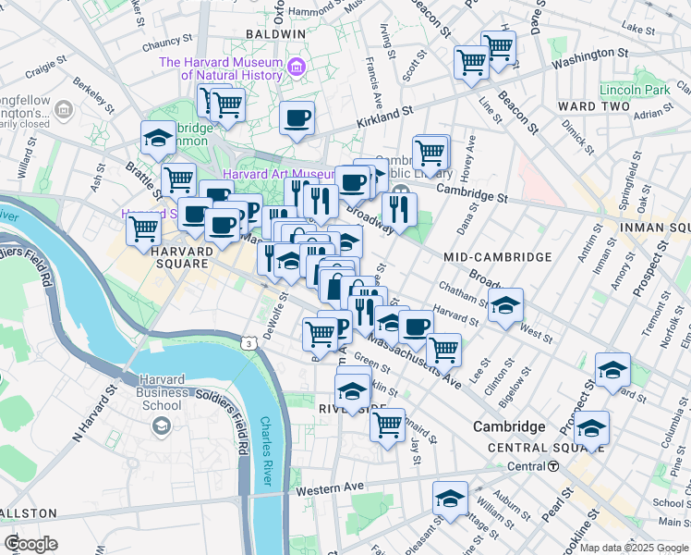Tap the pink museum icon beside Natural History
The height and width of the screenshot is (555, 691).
coord(296,66)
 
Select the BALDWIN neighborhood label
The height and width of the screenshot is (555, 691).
coord(275,34)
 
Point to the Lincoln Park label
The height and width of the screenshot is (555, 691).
coord(634,91)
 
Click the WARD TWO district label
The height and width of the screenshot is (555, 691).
coord(588,107)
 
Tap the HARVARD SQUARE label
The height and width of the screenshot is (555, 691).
coord(167,257)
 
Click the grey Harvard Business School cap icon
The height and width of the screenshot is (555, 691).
coord(162,425)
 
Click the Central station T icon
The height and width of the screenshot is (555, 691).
coord(552,466)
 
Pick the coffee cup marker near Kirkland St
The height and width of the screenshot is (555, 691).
coord(297,117)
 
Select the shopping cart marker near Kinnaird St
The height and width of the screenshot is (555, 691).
coord(388,425)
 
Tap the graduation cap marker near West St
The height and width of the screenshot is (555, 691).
coord(505,305)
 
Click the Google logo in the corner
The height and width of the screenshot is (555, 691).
coord(30,544)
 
